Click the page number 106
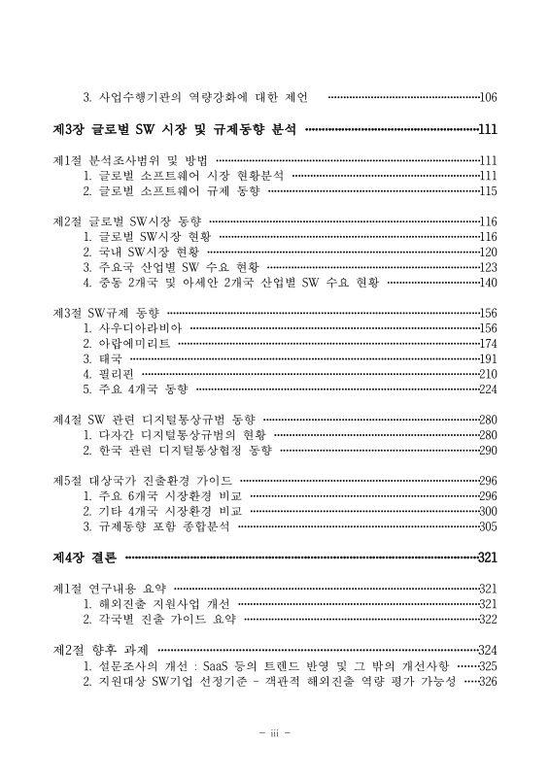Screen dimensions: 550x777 coord(488,97)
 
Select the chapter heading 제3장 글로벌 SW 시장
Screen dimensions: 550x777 coord(175,128)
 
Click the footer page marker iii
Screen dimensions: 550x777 coord(275,733)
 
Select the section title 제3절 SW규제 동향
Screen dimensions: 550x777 coord(105,313)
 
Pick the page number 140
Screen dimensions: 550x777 coord(488,283)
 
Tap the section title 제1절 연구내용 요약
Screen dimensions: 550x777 coord(110,589)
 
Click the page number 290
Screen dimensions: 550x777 coord(488,451)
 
